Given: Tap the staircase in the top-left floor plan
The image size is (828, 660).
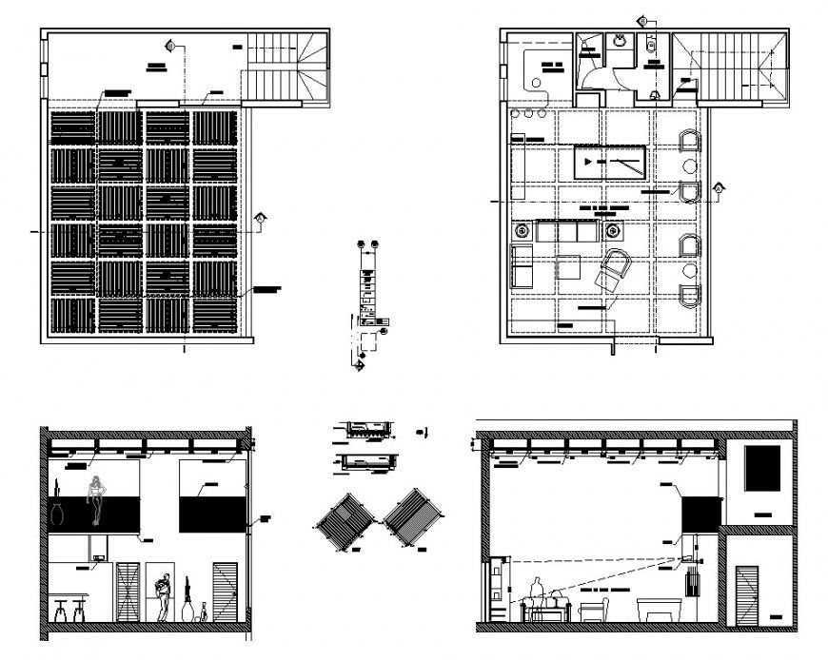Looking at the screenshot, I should click(x=288, y=67).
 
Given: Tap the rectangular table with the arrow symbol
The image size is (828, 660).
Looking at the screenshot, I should click(x=609, y=162).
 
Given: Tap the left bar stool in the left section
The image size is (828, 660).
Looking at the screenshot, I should click(x=59, y=610).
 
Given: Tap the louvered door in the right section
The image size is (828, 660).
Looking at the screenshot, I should click(x=749, y=594).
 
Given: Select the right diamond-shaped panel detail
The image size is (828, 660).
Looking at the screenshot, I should click(x=415, y=516).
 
